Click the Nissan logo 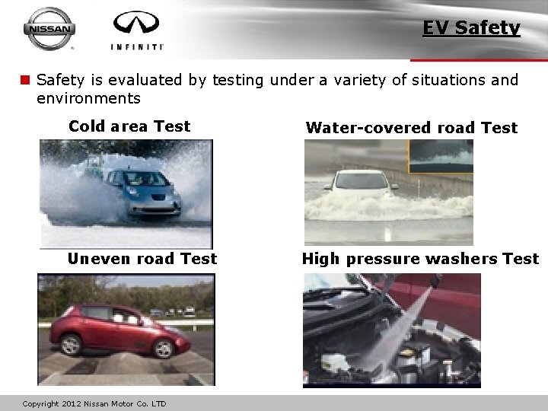point(49,29)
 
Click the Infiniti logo point(137,30)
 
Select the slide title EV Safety point(471,28)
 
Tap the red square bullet point(25,80)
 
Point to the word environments point(88,98)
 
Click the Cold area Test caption point(129,126)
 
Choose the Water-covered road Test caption point(411,128)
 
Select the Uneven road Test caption point(142,259)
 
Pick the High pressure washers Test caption point(420,259)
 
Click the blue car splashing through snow point(143,191)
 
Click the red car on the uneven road point(122,330)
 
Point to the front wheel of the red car point(163,349)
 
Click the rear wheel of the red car point(72,345)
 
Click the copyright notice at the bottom point(94,403)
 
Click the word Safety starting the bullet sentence point(61,80)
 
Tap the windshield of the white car point(363,181)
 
